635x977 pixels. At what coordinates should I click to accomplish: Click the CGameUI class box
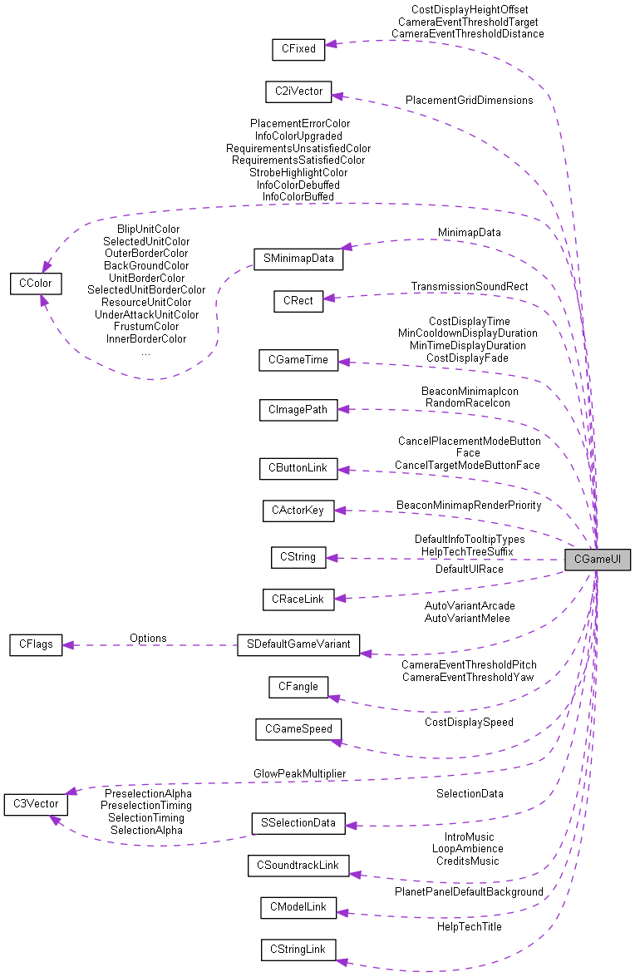(597, 560)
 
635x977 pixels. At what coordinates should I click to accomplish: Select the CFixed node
(298, 49)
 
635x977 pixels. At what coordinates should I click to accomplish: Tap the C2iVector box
(298, 91)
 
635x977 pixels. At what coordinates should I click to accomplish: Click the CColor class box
(30, 284)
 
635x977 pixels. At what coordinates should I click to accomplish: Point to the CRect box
(298, 301)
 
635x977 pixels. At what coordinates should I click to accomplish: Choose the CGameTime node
(298, 360)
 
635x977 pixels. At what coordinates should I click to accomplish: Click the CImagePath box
(298, 409)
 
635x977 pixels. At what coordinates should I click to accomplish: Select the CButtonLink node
(298, 468)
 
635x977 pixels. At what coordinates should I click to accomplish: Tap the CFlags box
(36, 644)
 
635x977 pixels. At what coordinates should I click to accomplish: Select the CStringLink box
(298, 950)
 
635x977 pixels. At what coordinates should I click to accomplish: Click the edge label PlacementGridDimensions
(469, 100)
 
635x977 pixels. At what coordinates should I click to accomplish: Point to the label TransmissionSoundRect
(469, 286)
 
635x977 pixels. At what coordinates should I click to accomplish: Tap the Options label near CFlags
(148, 638)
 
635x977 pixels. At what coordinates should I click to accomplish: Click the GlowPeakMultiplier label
(299, 773)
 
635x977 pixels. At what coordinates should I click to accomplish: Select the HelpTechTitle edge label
(469, 926)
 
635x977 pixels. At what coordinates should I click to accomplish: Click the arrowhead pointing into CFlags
(69, 644)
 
